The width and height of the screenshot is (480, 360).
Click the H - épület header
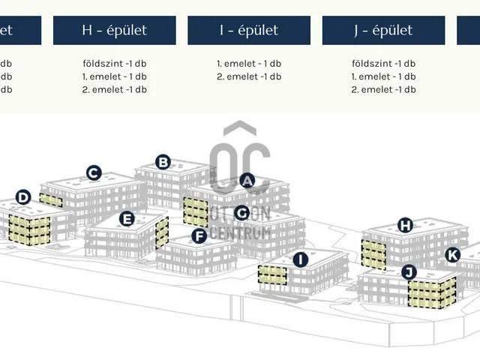(x=114, y=31)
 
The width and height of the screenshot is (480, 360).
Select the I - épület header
(x=248, y=31)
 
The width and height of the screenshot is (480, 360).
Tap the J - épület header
(x=383, y=31)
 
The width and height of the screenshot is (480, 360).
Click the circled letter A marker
(x=247, y=181)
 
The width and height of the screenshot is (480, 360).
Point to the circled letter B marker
(x=163, y=161)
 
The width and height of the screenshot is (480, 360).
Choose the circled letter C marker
(x=94, y=173)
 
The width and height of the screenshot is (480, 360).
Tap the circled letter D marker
(x=23, y=197)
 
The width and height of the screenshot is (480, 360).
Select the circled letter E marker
(x=127, y=219)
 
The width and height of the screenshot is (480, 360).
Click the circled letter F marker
(x=199, y=236)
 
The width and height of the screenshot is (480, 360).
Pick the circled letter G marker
(x=241, y=213)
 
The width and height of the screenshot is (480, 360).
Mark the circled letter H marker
(x=406, y=225)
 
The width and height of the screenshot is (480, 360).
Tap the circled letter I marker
(x=301, y=260)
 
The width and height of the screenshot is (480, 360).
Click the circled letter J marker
(x=409, y=271)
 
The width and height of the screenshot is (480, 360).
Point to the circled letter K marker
(x=452, y=255)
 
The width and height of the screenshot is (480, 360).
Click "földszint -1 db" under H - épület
(x=114, y=64)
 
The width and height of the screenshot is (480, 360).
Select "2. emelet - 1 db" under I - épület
(x=249, y=76)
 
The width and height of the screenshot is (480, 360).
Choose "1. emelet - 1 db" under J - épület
(x=383, y=76)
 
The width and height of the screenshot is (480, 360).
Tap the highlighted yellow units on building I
(x=273, y=274)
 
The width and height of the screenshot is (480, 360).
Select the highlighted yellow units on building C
(x=51, y=200)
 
